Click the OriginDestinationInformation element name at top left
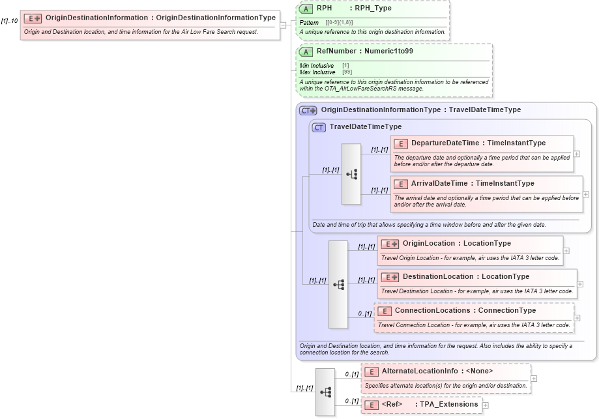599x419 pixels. click(96, 18)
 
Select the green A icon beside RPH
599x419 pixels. click(306, 9)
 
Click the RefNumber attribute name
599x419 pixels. click(336, 51)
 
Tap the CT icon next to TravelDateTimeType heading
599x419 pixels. click(319, 127)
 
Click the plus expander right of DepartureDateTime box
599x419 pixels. click(577, 154)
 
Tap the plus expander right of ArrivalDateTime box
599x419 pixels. click(585, 194)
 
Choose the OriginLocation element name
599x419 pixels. click(428, 243)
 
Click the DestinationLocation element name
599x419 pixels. click(437, 276)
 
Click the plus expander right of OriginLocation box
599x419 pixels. click(566, 250)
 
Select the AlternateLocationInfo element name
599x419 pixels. click(418, 371)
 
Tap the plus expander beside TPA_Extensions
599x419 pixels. click(485, 405)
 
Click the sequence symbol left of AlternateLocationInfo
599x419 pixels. click(325, 392)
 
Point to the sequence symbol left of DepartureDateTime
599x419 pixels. click(351, 174)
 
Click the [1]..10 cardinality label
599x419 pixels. click(9, 21)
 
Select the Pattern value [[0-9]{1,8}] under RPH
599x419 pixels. click(339, 23)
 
